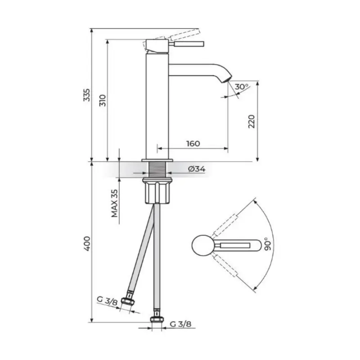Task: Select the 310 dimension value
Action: [x=103, y=100]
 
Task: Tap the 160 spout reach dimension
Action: [x=192, y=144]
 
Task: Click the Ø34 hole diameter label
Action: [x=197, y=169]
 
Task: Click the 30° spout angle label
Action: [x=241, y=86]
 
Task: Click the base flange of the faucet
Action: [x=157, y=160]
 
